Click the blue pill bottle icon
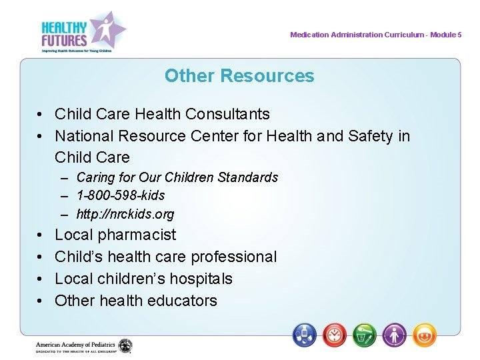click(x=305, y=334)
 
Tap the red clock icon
click(x=335, y=334)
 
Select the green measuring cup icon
click(x=365, y=334)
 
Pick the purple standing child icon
click(x=395, y=334)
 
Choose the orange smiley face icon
click(x=425, y=334)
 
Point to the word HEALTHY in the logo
click(x=64, y=27)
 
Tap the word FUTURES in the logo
click(x=64, y=39)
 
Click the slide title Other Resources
click(x=239, y=76)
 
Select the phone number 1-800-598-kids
click(x=121, y=195)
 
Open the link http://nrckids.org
click(x=125, y=214)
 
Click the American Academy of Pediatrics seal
click(x=125, y=346)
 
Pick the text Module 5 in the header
click(x=446, y=35)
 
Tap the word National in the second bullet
click(x=84, y=136)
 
